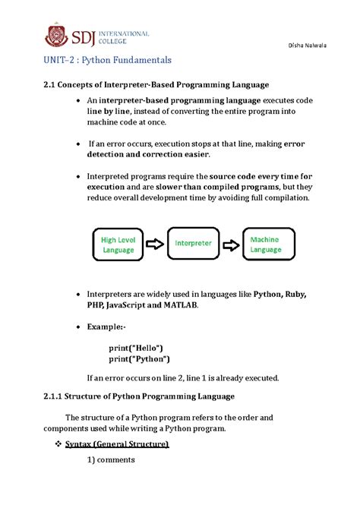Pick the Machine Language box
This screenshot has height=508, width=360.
pos(266,245)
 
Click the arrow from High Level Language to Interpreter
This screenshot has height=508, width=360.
pos(155,245)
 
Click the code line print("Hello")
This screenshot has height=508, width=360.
pos(137,347)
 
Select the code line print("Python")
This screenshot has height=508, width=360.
pos(140,359)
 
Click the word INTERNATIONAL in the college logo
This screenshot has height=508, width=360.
pos(122,33)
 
